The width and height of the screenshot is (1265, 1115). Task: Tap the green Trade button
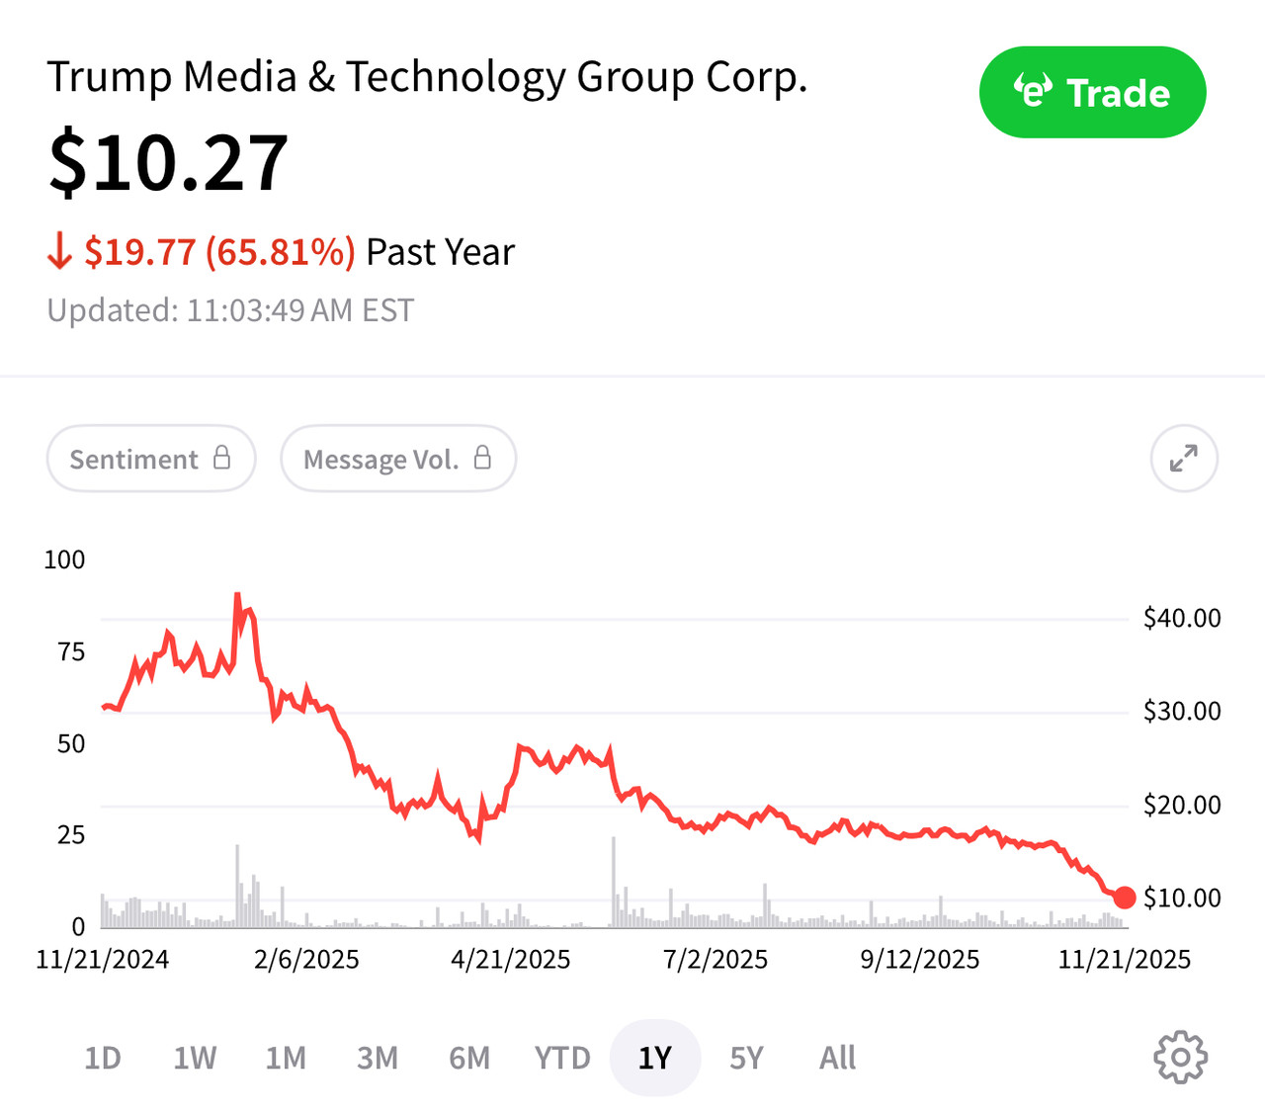pyautogui.click(x=1092, y=92)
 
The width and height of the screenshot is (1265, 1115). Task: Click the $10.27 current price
pyautogui.click(x=168, y=163)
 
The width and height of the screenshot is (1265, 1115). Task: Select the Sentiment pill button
pyautogui.click(x=150, y=459)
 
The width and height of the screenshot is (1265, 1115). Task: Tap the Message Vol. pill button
pyautogui.click(x=397, y=459)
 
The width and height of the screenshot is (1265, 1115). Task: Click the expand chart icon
pyautogui.click(x=1183, y=458)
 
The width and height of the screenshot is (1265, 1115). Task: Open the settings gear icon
pyautogui.click(x=1180, y=1058)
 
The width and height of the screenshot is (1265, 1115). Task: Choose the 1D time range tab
pyautogui.click(x=103, y=1059)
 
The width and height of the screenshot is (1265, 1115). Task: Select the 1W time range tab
pyautogui.click(x=195, y=1059)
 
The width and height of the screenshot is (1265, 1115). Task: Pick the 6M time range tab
pyautogui.click(x=469, y=1059)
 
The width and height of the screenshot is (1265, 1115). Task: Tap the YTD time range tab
pyautogui.click(x=562, y=1059)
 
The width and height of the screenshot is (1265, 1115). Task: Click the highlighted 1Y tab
pyautogui.click(x=655, y=1059)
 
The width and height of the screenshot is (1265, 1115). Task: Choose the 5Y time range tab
pyautogui.click(x=746, y=1059)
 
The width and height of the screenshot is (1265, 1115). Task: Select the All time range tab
pyautogui.click(x=838, y=1059)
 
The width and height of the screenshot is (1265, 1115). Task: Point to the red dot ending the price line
pyautogui.click(x=1124, y=898)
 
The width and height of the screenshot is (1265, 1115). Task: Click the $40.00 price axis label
pyautogui.click(x=1182, y=618)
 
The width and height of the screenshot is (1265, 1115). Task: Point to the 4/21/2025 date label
pyautogui.click(x=511, y=960)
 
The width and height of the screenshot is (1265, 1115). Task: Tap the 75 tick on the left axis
pyautogui.click(x=71, y=651)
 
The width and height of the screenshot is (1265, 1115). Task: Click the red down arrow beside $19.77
pyautogui.click(x=59, y=252)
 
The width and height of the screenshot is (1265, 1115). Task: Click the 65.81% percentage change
pyautogui.click(x=280, y=252)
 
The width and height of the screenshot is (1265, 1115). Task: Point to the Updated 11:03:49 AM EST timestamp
pyautogui.click(x=230, y=310)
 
